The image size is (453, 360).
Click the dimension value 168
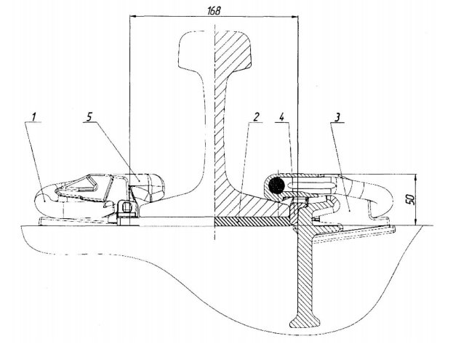214,11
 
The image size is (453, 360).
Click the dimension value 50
410,200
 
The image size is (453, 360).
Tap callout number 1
34,117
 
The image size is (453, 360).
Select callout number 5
89,116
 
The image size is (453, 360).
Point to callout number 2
255,116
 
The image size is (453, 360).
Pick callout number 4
282,116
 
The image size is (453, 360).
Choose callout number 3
337,117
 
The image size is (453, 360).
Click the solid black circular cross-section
276,185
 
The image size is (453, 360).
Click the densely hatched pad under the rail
253,222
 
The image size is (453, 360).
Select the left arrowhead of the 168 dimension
132,17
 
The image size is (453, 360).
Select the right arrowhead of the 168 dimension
295,17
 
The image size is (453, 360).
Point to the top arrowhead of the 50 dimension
415,177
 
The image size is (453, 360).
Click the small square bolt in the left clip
127,207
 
